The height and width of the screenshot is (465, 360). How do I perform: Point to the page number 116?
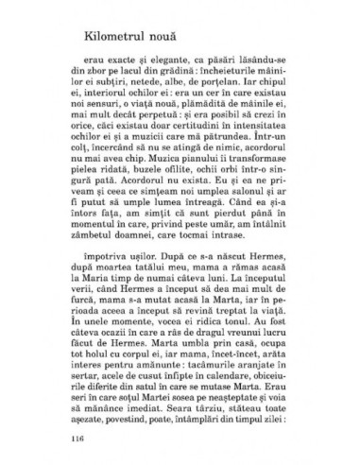[x=77, y=439]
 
